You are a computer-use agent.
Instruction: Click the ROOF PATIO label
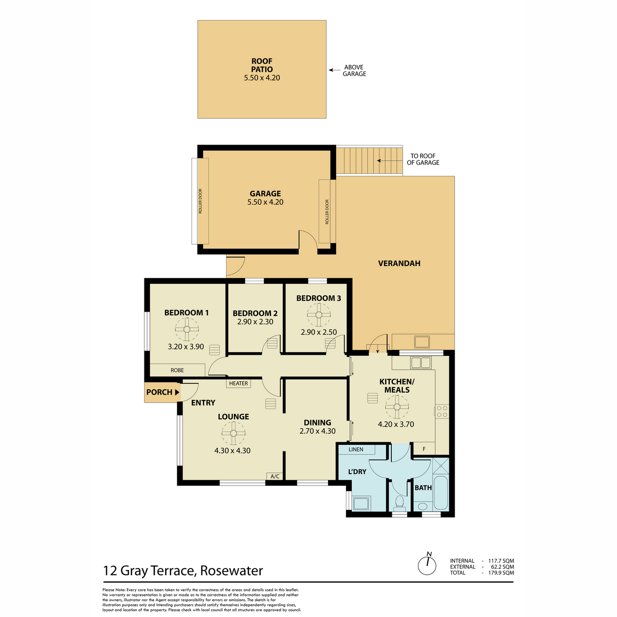point(262,65)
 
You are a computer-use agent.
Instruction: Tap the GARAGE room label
point(265,193)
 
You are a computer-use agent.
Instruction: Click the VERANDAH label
point(399,263)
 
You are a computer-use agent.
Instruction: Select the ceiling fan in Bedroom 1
point(187,329)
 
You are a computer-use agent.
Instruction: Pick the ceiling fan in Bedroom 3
point(319,315)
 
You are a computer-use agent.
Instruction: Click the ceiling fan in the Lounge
point(233,433)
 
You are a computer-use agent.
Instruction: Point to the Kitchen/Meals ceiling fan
point(397,407)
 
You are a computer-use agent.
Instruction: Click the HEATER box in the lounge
point(238,383)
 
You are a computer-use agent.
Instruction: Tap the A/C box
point(275,476)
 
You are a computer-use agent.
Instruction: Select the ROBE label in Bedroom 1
point(177,370)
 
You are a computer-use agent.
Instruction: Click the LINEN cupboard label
point(356,449)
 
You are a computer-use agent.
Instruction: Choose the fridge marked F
point(424,448)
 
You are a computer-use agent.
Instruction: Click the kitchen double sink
point(421,363)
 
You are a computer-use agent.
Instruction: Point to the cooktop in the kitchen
point(442,411)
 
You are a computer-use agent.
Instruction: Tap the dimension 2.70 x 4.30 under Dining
point(317,431)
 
